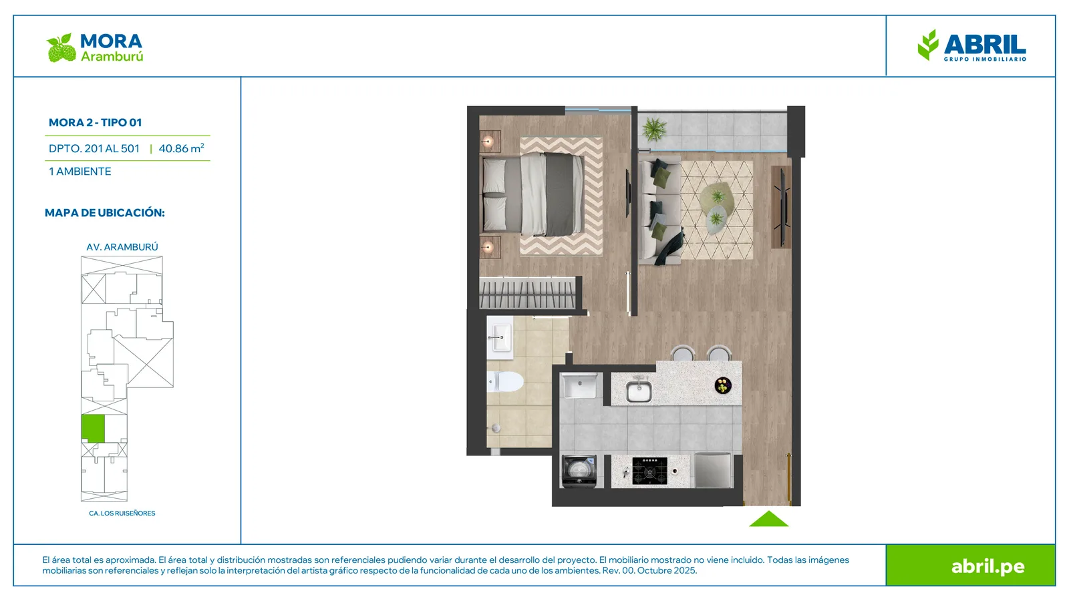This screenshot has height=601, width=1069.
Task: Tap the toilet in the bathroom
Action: pos(505,381)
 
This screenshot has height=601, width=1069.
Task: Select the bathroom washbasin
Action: pos(500,337)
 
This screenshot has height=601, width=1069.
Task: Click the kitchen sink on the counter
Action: pos(639,390)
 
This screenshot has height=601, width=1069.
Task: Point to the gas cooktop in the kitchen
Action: pos(649,471)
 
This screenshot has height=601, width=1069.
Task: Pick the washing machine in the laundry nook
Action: pos(579,471)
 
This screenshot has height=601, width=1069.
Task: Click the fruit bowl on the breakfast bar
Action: pos(723,385)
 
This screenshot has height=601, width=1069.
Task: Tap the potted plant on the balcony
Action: pos(654,129)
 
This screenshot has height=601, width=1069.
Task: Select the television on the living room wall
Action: pos(782,208)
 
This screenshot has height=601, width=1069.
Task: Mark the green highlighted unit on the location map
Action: pos(93,428)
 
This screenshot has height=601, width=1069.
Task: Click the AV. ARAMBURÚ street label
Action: pos(122,247)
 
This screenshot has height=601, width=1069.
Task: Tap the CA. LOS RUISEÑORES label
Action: pos(122,514)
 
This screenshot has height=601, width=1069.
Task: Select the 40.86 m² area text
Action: pos(181,148)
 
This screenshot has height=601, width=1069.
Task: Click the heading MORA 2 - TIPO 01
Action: pos(96,123)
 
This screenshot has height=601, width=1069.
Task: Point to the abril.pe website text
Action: pos(988,567)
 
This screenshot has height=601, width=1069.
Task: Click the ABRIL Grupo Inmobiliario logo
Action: pos(971,45)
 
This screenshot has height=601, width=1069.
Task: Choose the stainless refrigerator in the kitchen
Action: pos(713,470)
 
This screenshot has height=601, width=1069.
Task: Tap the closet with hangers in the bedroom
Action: pos(527,293)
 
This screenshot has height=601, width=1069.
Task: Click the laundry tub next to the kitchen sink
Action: pos(579,386)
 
